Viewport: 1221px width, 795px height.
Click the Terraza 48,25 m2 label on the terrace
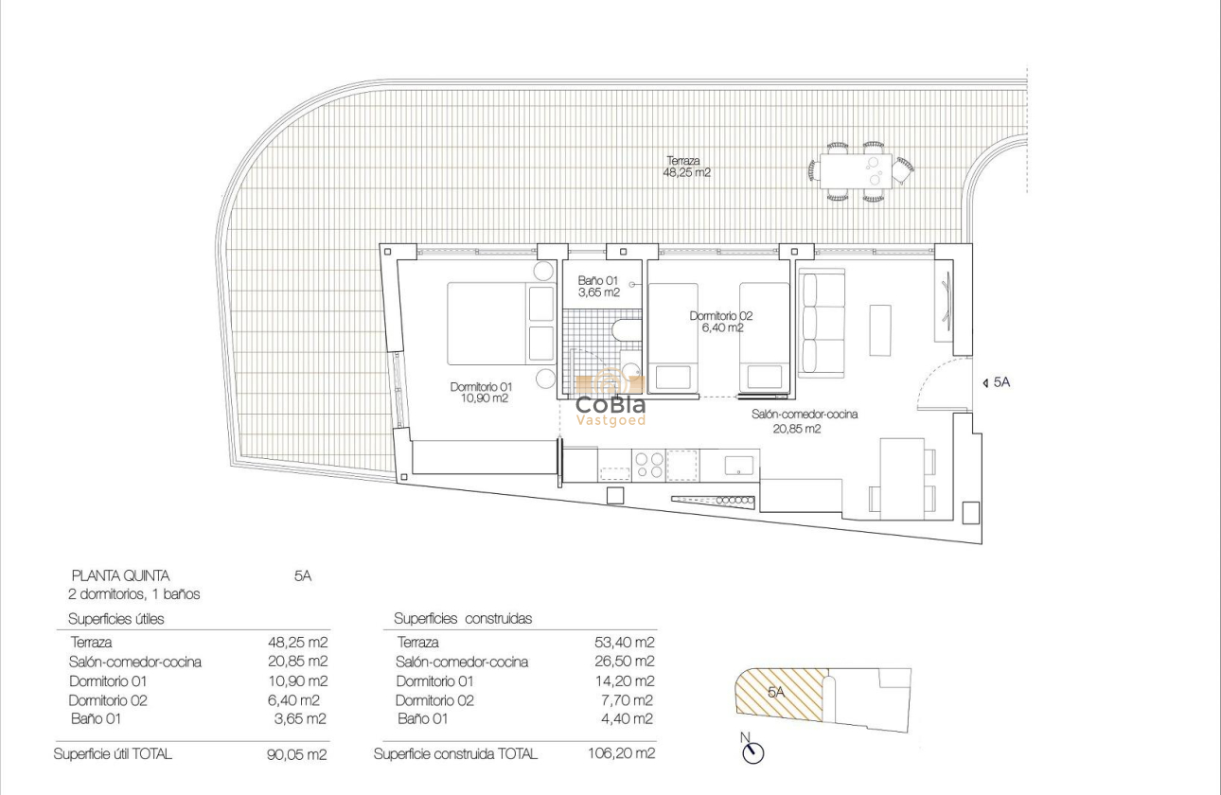pos(688,167)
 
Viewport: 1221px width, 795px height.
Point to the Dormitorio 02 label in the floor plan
pos(721,322)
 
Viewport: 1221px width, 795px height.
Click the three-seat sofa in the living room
pos(821,323)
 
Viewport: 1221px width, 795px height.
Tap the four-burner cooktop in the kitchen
pos(648,464)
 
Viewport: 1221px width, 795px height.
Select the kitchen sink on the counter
pos(739,465)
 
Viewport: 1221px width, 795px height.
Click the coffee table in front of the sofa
pos(880,329)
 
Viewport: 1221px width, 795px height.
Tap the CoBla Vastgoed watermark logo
pos(610,400)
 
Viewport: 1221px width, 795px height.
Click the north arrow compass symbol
pos(753,751)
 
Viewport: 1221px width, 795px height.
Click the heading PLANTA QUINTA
pos(120,575)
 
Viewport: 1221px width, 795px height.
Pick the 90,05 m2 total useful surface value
pos(297,754)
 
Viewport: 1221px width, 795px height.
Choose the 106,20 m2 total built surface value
pos(621,754)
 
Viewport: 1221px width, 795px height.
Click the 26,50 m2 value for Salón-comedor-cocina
pos(624,662)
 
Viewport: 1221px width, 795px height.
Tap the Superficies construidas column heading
pos(463,619)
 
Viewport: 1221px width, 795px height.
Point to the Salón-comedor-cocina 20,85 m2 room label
pos(791,421)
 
